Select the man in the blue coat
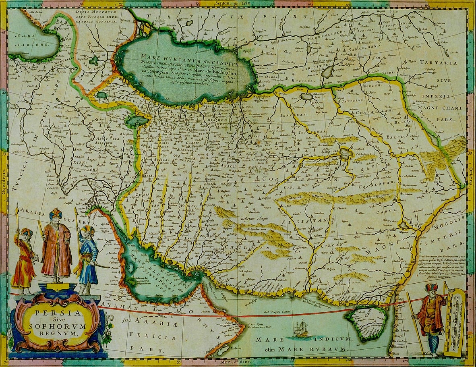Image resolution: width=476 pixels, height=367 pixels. (88, 258)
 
